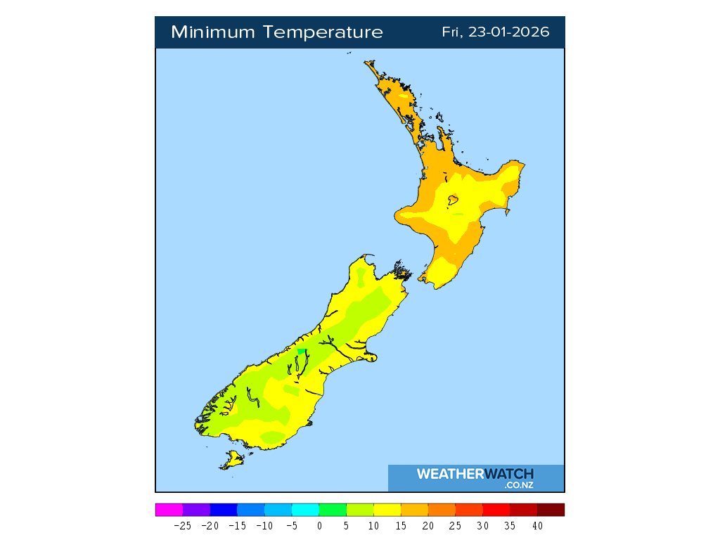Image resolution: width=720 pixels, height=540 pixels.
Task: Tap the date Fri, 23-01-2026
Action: pos(496,32)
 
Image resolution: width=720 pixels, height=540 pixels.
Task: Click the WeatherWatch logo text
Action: pos(475,474)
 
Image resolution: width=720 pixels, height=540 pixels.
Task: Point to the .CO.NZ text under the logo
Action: pos(518,484)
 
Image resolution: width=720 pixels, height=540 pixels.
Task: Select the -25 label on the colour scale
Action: pos(182,525)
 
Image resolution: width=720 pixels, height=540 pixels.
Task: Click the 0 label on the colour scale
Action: pos(319,525)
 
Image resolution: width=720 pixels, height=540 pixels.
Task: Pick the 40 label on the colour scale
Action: pos(537,525)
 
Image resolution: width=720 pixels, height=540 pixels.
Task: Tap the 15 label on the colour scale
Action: pos(401,525)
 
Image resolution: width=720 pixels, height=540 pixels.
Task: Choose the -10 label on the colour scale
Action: pos(264,525)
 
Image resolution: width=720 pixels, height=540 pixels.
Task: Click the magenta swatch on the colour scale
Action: pos(169,510)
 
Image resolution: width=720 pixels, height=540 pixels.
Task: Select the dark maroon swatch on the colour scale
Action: pos(551,510)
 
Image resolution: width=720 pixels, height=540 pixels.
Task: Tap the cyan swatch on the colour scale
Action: pos(305,510)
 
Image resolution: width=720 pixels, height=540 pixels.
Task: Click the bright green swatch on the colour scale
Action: pos(333,510)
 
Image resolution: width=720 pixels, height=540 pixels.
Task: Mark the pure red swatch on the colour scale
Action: pos(496,510)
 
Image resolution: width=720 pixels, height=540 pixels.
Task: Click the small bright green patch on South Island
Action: pos(302,351)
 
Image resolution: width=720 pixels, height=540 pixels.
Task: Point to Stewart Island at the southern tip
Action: pos(231,461)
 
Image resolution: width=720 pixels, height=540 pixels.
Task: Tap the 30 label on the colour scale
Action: pos(482,525)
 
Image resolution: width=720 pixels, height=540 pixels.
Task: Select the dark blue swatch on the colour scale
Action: pos(224,510)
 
